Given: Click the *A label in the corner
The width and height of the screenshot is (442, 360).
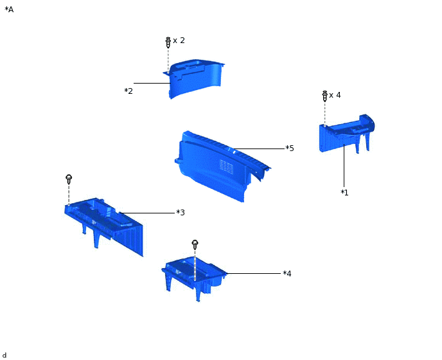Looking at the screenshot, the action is tap(9, 10).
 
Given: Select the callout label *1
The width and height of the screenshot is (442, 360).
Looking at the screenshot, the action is tap(344, 192).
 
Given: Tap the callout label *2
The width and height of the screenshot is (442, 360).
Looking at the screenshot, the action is tap(128, 91).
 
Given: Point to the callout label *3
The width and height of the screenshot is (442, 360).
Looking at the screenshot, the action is tap(181, 212).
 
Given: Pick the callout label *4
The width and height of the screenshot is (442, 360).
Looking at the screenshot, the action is tap(287, 273).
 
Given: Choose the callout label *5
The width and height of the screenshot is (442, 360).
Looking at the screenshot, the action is tap(290, 148).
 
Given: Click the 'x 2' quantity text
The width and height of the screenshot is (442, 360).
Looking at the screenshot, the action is tap(179, 40).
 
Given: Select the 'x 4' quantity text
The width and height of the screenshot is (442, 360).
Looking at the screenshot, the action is tap(335, 95).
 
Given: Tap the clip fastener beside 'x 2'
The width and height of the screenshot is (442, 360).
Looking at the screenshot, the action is tap(168, 42).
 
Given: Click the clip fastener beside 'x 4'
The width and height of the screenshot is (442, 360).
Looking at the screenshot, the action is tap(324, 96).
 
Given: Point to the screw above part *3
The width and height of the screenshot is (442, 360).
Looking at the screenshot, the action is tap(69, 179).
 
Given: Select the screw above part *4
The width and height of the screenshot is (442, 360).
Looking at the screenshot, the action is tap(195, 245).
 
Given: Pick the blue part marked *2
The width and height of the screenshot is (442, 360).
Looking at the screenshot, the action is tap(195, 78).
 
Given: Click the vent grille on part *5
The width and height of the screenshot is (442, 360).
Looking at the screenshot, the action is tap(226, 166).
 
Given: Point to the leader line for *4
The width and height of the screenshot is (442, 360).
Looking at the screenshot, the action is tap(254, 273).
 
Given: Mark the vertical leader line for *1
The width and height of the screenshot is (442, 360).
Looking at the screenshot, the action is tap(344, 166).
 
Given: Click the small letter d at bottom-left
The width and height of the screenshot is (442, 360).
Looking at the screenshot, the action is tap(4, 355).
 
